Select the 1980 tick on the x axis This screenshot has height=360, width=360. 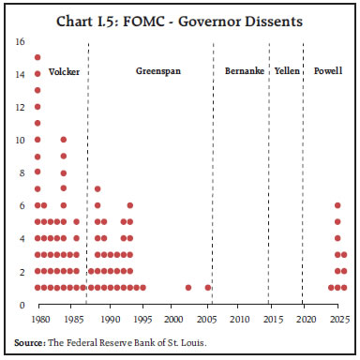(x=37, y=320)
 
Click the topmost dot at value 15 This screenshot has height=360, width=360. (x=37, y=57)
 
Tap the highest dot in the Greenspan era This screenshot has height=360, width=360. (x=97, y=189)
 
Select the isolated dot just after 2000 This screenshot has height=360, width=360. (x=188, y=288)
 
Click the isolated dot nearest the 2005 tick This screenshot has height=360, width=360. (x=207, y=288)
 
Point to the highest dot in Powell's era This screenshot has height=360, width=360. (x=337, y=205)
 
